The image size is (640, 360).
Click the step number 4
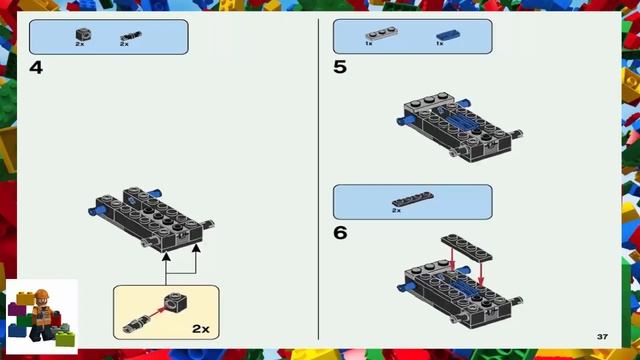36,68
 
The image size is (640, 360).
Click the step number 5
340,67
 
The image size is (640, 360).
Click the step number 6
340,233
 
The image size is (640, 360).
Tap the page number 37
602,337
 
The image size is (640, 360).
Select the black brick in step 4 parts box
83,34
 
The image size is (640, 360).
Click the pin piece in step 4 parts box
131,36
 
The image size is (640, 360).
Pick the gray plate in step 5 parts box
381,33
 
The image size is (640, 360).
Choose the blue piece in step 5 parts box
448,35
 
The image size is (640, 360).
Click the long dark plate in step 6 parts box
413,199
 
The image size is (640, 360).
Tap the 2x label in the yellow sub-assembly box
201,329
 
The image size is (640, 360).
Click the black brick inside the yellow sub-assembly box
176,302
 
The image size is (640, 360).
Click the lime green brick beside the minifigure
66,339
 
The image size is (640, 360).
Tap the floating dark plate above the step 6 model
467,247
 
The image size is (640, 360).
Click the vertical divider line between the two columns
318,179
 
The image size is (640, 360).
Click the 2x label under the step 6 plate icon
396,211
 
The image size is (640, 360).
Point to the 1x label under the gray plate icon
369,43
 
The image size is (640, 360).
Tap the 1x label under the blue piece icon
440,43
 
